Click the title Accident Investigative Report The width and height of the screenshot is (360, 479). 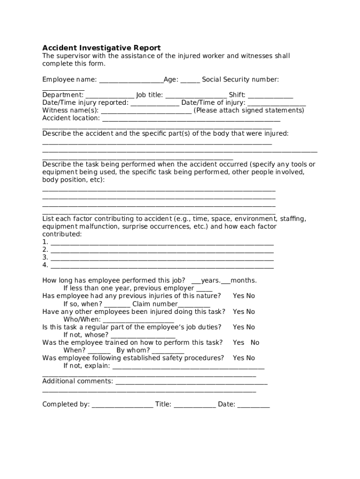[x=101, y=48]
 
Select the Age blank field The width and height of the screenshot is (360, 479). [x=190, y=80]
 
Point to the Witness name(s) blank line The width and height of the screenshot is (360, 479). [x=146, y=111]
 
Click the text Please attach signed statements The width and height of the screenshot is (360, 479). [x=249, y=110]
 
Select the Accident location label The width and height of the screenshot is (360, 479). [x=71, y=118]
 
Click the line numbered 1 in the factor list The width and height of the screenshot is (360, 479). [x=162, y=243]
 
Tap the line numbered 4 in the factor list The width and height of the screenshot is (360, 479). [x=162, y=266]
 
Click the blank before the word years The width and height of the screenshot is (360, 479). [x=196, y=282]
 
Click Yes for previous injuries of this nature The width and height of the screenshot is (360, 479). [x=238, y=296]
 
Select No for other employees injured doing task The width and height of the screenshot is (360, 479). [x=251, y=312]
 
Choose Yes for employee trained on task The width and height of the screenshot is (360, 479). [x=238, y=342]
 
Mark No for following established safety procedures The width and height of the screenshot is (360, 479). [x=251, y=358]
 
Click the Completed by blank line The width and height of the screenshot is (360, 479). [x=122, y=406]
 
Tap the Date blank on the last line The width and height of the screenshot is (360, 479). [x=253, y=406]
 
